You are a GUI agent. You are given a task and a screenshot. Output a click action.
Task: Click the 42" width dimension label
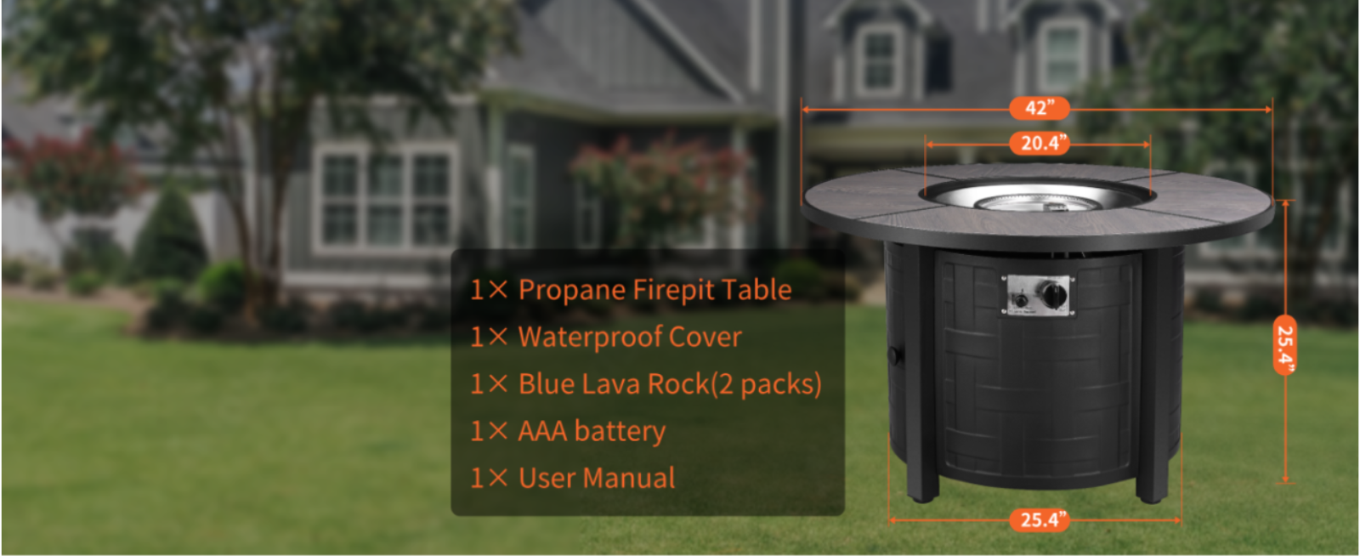click(1040, 109)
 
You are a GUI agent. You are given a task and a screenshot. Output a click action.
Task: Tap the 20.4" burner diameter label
click(1040, 144)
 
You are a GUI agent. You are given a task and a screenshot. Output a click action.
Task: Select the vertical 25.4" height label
click(1285, 345)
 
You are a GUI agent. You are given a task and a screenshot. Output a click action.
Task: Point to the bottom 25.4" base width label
click(1040, 520)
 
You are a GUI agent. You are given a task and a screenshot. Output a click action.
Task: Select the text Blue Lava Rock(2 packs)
click(671, 384)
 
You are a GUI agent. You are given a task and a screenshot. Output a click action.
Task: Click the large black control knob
click(1055, 294)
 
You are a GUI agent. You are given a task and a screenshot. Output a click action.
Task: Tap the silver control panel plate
click(1038, 295)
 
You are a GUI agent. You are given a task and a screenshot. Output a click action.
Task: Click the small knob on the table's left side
click(894, 355)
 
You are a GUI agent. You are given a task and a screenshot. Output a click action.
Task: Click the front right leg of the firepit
click(1153, 377)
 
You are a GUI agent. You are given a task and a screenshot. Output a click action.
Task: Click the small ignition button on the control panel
click(1021, 300)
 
